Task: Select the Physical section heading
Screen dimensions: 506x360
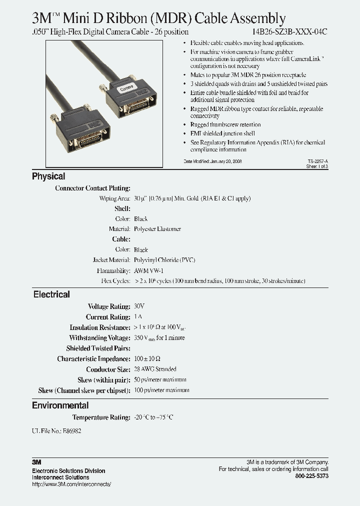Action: coord(48,176)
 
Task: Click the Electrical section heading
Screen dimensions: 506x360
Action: coord(51,294)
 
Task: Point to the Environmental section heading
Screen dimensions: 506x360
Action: coord(60,405)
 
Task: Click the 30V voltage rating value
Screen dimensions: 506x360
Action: coord(139,306)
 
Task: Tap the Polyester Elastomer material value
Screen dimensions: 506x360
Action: coord(157,229)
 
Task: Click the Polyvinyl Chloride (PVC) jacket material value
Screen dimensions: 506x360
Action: coord(164,260)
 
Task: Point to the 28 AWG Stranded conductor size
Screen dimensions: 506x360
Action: coord(155,369)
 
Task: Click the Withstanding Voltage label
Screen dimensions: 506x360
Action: coord(99,338)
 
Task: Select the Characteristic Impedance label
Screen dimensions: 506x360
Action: coord(93,358)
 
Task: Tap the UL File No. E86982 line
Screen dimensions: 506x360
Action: coord(55,431)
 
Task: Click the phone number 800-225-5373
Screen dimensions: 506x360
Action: coord(312,476)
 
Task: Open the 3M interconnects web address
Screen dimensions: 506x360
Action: coord(71,484)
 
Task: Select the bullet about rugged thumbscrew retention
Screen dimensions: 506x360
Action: coord(225,124)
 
